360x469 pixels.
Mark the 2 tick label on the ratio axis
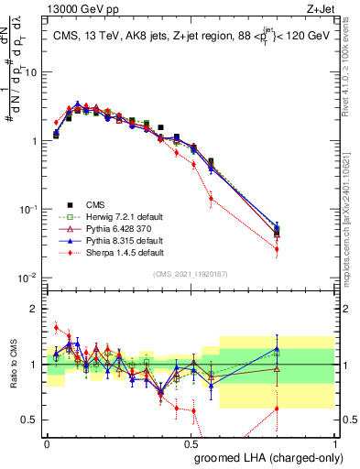click(37, 309)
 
